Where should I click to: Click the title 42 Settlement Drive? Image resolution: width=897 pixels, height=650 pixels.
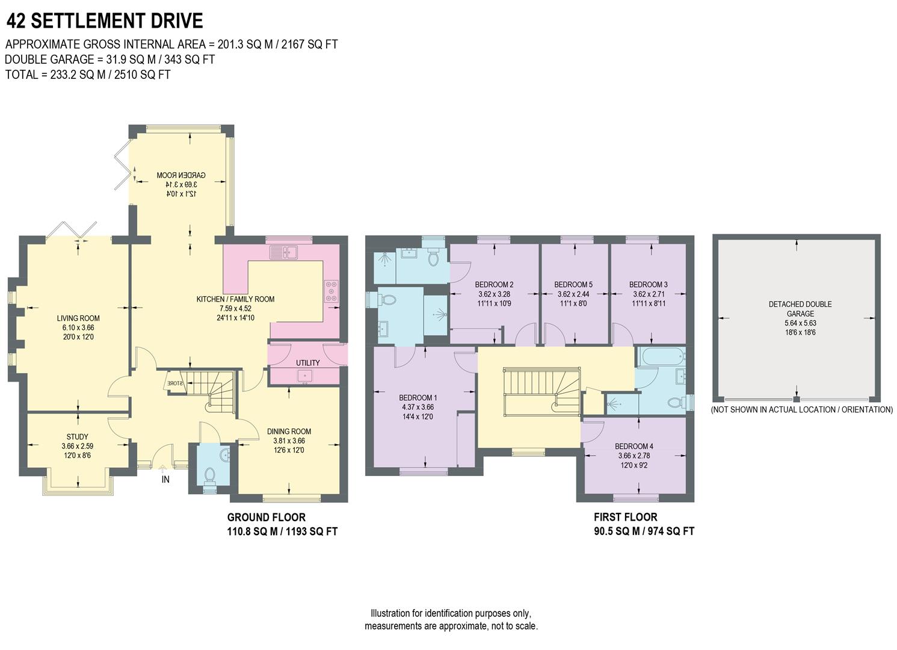pos(105,21)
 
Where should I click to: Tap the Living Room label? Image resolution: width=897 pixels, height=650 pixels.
pos(78,318)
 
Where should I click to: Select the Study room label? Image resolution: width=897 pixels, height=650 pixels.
pos(77,437)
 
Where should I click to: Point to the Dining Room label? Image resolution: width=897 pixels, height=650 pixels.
pos(289,432)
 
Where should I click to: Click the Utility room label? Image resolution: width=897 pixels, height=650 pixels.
pos(307,363)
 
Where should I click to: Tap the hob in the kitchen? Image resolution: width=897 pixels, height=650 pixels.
pos(331,291)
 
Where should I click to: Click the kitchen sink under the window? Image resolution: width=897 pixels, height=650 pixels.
pos(284,252)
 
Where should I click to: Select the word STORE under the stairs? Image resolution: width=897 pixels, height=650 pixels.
pos(174,383)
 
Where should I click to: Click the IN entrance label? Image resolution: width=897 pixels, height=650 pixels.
pos(165,480)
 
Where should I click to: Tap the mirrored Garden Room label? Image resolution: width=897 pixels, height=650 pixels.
pos(177,175)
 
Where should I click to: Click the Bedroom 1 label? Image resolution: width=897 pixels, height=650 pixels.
pos(418,398)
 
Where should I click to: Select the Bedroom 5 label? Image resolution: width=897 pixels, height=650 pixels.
pos(573,285)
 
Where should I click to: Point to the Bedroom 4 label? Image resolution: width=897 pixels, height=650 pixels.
pos(633,447)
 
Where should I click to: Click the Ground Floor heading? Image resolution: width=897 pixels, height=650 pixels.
pos(266,518)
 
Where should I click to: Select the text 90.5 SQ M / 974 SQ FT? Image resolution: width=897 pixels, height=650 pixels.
pos(644,531)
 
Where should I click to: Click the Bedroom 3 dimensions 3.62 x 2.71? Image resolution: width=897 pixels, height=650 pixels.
pos(649,295)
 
